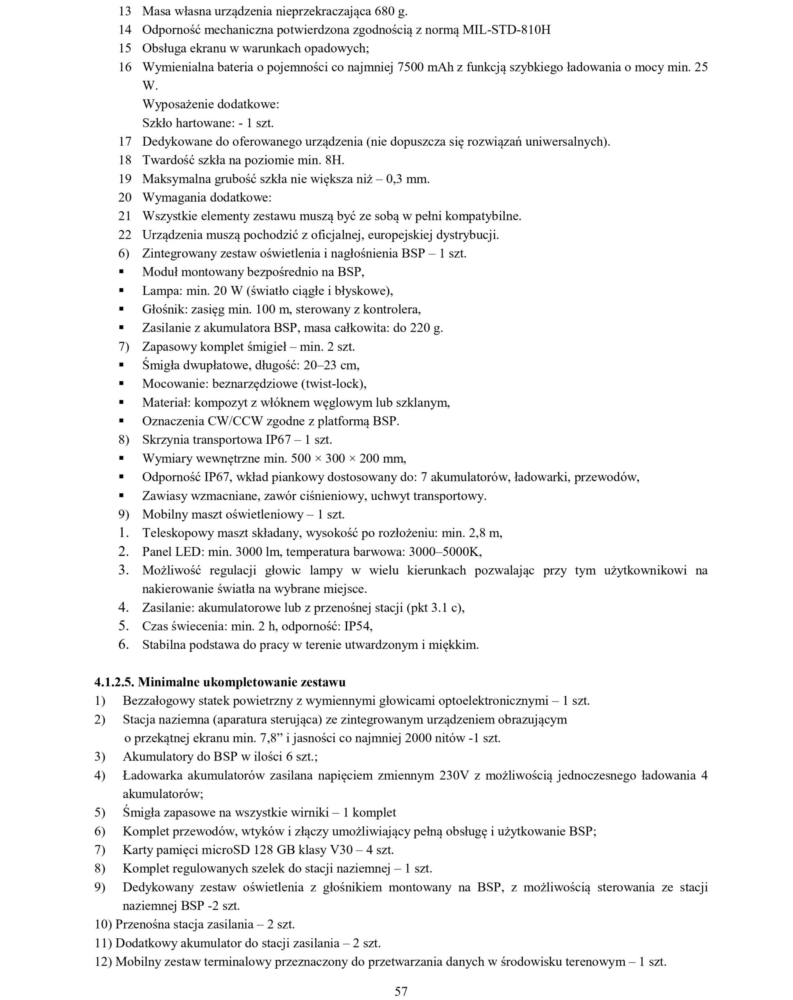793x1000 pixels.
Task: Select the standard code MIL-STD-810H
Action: (506, 30)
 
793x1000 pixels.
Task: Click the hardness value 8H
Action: (334, 161)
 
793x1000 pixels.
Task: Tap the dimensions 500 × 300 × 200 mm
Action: (348, 459)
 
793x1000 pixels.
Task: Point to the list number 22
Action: (125, 235)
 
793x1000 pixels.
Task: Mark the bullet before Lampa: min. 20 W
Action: (122, 291)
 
